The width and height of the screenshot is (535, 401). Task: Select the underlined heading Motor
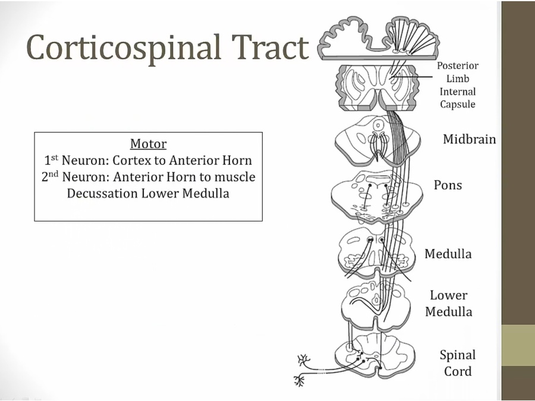click(x=148, y=144)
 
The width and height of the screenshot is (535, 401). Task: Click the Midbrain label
click(x=469, y=140)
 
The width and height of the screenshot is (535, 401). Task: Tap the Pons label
click(x=448, y=185)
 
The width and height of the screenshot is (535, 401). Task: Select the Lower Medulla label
click(x=449, y=303)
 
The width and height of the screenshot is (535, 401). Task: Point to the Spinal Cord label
click(x=458, y=363)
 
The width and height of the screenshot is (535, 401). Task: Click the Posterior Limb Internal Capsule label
click(x=458, y=85)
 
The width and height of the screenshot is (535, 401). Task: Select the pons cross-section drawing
click(x=377, y=195)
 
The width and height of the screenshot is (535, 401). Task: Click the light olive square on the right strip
click(x=518, y=345)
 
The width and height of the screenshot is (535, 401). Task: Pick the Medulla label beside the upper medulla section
click(x=448, y=254)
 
